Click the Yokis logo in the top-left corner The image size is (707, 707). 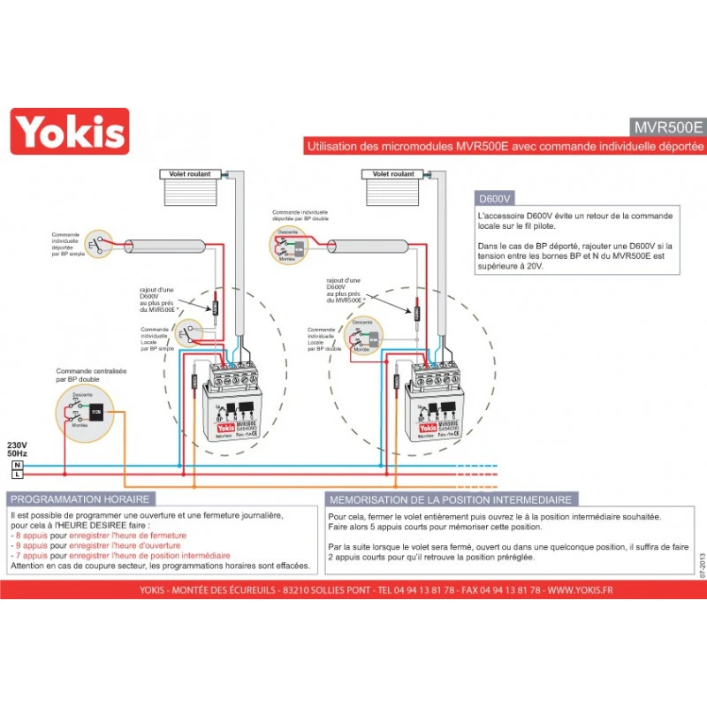(69, 132)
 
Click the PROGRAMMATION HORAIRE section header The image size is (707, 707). (80, 499)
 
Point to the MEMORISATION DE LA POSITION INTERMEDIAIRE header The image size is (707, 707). (451, 499)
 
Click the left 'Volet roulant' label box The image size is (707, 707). (190, 174)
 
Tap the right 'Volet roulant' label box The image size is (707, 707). (393, 174)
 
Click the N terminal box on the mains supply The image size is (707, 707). (16, 464)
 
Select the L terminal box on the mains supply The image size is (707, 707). (16, 475)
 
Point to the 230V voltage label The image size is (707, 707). (18, 444)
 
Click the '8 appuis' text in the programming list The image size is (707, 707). (29, 536)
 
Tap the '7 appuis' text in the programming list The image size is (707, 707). (29, 555)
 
